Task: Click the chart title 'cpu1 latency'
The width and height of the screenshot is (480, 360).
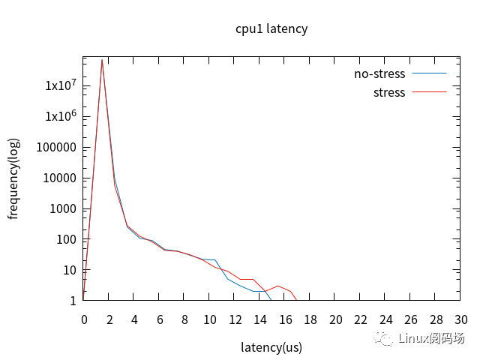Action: coord(271,28)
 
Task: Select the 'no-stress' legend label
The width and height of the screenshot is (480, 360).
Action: coord(379,73)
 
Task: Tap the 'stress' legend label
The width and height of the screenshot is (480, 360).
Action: coord(388,93)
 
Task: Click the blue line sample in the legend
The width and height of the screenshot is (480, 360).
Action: coord(429,73)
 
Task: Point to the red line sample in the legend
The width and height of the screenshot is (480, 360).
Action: coord(429,93)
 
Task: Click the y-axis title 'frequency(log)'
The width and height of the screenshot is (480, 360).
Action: coord(13,178)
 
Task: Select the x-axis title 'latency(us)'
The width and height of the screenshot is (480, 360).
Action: coord(271,347)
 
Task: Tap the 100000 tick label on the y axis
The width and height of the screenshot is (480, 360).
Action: coord(55,147)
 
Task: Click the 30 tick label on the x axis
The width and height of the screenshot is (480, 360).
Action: coord(460,319)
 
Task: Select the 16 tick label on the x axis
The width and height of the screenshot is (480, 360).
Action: coord(285,319)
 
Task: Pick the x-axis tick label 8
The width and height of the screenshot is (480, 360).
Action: coord(184,319)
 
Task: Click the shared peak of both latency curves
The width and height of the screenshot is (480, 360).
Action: coord(102,60)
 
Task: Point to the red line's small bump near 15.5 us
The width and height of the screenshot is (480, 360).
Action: coord(278,286)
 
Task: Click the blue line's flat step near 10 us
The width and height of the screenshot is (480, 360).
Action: coord(209,259)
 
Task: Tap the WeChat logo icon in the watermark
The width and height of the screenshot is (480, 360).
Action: coord(385,339)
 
